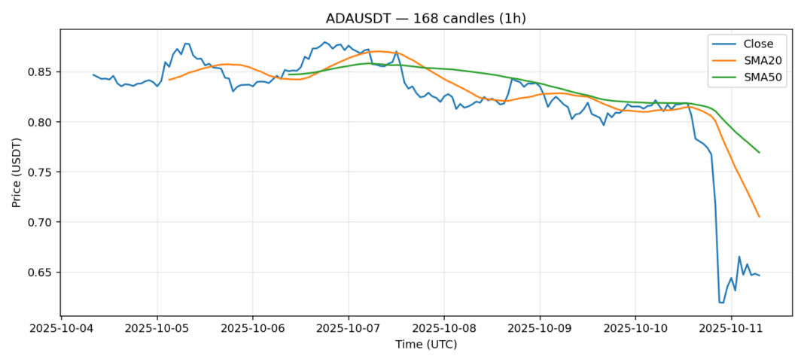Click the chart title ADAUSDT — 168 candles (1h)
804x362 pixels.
pyautogui.click(x=425, y=18)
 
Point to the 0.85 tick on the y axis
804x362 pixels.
pyautogui.click(x=41, y=72)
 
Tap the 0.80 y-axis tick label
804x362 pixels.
pyautogui.click(x=41, y=122)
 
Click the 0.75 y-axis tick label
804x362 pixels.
pyautogui.click(x=41, y=172)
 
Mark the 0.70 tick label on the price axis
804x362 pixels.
pyautogui.click(x=41, y=223)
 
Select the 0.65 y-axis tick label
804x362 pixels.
pyautogui.click(x=41, y=272)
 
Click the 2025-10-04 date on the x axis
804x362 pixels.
pyautogui.click(x=62, y=329)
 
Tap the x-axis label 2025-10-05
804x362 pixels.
pyautogui.click(x=157, y=329)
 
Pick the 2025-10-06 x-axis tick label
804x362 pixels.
pyautogui.click(x=253, y=329)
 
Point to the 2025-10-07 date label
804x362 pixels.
pyautogui.click(x=349, y=329)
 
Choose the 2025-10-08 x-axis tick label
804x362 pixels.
pyautogui.click(x=444, y=329)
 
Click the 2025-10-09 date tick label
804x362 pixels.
pyautogui.click(x=540, y=329)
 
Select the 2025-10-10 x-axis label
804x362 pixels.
pyautogui.click(x=635, y=329)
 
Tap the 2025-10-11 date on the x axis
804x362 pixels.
pyautogui.click(x=731, y=329)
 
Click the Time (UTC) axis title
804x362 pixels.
pyautogui.click(x=425, y=345)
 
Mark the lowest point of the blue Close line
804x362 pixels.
pyautogui.click(x=721, y=303)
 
